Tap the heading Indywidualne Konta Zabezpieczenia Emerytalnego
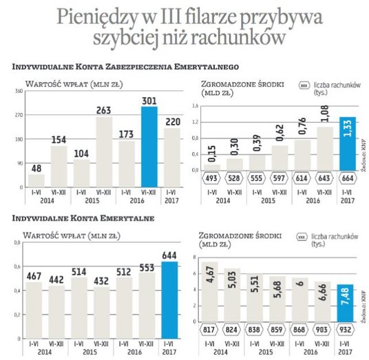(x=125, y=67)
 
